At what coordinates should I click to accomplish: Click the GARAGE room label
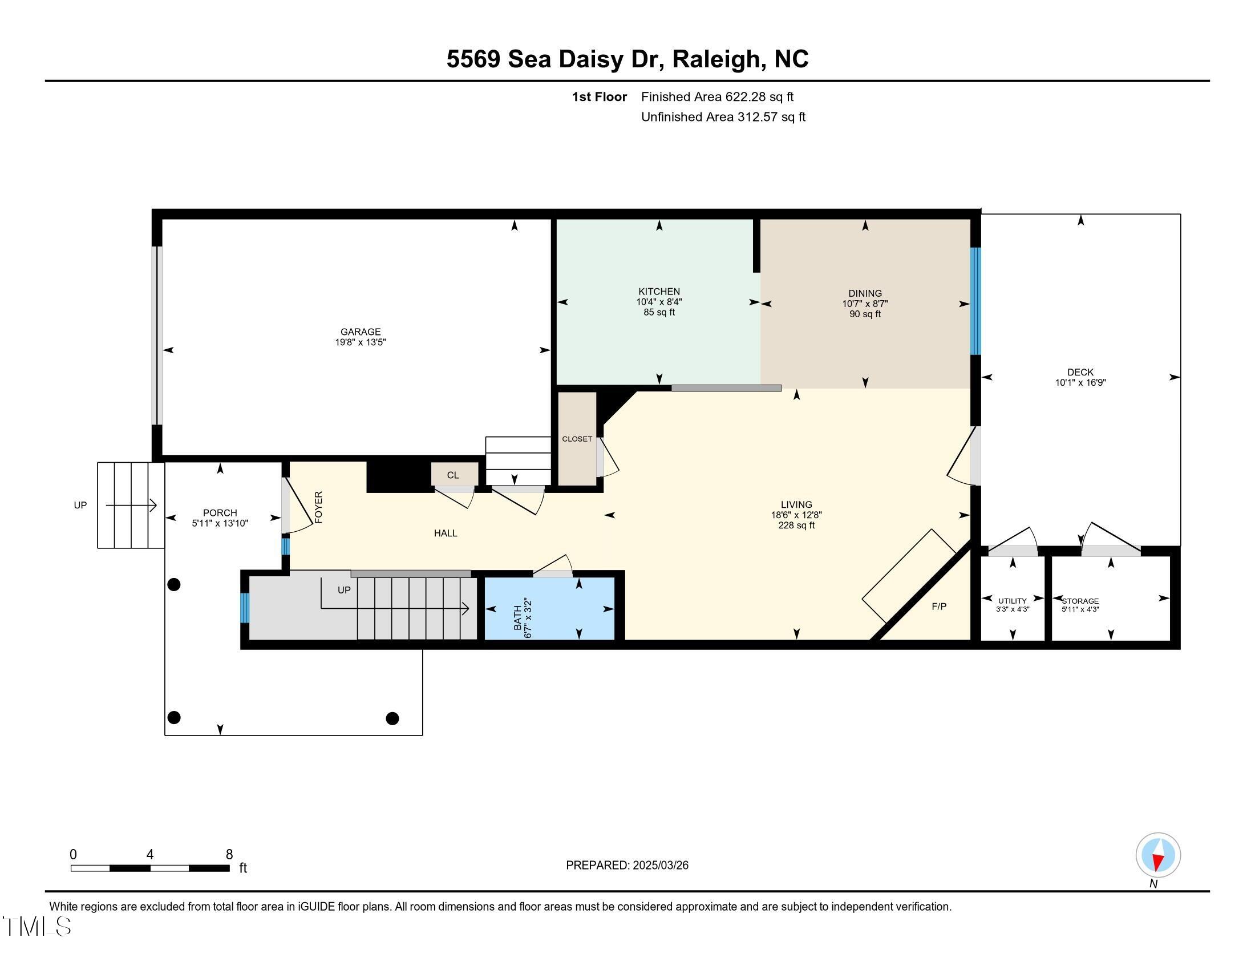361,332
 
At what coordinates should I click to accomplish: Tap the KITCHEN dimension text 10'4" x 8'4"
658,302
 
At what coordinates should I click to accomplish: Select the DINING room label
865,293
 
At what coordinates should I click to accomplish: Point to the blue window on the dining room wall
975,301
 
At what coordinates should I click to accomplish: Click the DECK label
1080,372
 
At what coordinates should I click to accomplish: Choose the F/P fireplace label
939,606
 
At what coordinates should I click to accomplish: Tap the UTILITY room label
1013,600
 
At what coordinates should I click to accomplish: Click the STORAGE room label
1081,600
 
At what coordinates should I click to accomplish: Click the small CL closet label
453,475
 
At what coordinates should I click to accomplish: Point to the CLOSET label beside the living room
577,439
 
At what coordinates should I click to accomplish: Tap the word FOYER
319,507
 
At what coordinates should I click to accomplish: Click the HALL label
446,533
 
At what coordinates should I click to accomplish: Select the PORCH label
220,512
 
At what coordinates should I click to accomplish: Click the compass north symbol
1158,855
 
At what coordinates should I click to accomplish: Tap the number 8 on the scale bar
229,855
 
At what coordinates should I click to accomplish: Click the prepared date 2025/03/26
659,866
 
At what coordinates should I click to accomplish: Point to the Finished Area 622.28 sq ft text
717,97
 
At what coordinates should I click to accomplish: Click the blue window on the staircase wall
244,608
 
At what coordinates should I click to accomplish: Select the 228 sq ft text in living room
796,525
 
